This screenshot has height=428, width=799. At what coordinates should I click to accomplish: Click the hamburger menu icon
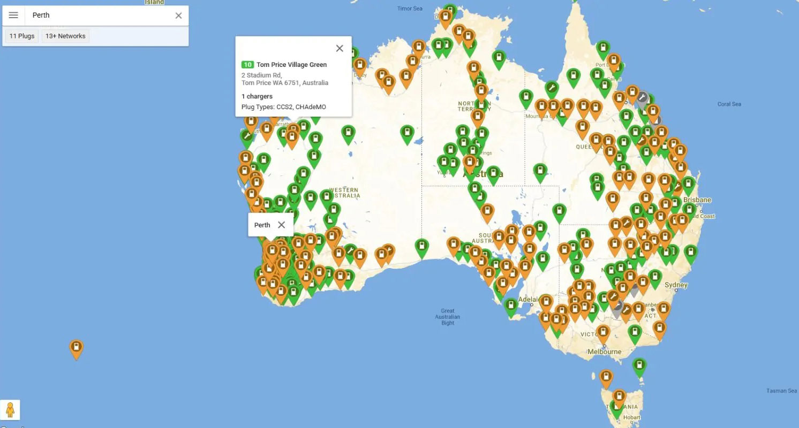coord(13,16)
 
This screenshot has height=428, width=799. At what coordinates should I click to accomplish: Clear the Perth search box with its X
coord(178,16)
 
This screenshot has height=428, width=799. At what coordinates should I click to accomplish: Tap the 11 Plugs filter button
coord(22,36)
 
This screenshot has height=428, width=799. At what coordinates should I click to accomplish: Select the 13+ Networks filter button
coord(65,36)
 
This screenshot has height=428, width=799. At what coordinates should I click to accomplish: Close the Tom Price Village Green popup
coord(339,48)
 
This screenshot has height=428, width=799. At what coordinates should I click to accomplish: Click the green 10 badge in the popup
coord(247,65)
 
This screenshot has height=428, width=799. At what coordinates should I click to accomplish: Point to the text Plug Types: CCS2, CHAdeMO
coord(283,107)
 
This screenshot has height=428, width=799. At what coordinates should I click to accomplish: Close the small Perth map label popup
coord(281,225)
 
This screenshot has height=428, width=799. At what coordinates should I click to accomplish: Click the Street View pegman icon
coord(10,410)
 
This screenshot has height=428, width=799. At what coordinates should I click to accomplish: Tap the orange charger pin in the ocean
coord(77,348)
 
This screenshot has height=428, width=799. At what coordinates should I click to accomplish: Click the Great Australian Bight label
coord(448,317)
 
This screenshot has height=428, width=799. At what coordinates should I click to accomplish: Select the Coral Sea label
coord(729,104)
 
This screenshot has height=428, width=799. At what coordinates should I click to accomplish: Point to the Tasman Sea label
coord(781,391)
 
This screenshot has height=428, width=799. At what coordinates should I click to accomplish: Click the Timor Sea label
coord(410,9)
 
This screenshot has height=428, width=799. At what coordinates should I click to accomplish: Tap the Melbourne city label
coord(604,351)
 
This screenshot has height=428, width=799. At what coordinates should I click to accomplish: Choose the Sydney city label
coord(676,285)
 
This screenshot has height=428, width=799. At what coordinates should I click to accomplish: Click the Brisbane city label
coord(697,200)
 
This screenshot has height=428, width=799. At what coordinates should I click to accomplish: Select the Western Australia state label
coord(344,193)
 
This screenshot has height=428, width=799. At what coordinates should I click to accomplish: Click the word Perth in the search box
coord(41,16)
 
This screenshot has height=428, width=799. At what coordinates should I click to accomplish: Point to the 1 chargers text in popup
coord(257,96)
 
